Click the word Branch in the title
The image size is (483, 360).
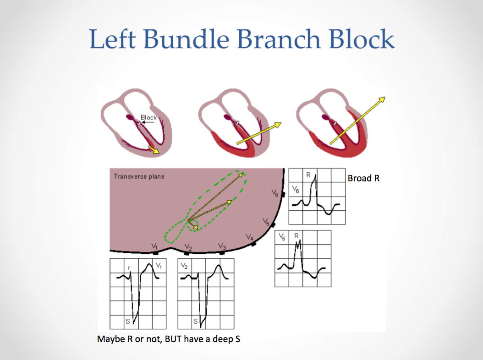279,39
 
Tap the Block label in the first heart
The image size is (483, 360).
148,118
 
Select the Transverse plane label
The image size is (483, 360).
139,176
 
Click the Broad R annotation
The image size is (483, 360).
363,178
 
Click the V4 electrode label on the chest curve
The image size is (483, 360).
250,237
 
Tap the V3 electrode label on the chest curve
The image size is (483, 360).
222,246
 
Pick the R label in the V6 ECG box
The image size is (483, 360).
308,175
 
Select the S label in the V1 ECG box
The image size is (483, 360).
128,321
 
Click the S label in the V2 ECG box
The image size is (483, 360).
195,321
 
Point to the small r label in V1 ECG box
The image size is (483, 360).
130,268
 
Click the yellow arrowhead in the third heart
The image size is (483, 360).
382,100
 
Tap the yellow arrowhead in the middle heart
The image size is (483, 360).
277,125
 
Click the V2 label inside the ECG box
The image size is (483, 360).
185,266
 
